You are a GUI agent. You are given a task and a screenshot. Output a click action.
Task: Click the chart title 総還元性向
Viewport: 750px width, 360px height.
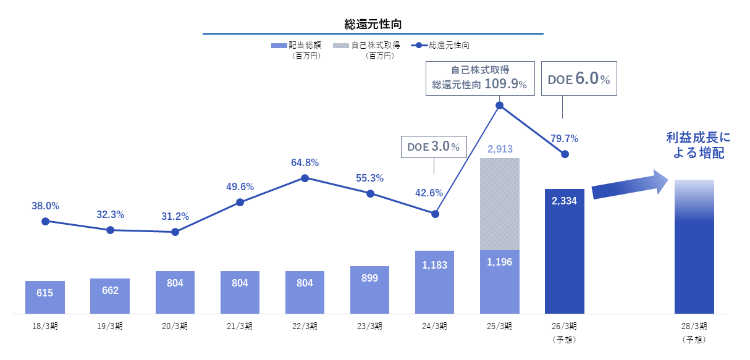coord(373,25)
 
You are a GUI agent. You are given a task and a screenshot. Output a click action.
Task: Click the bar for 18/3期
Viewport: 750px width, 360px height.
coord(45,297)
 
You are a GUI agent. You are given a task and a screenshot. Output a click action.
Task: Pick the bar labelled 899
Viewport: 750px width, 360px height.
coord(369,290)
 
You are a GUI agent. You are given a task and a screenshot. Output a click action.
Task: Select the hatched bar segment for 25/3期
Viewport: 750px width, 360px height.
coord(500,204)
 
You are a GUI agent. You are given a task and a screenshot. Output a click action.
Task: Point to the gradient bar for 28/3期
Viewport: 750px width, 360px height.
coord(694,246)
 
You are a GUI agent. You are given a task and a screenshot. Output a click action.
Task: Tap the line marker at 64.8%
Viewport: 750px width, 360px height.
coord(305,178)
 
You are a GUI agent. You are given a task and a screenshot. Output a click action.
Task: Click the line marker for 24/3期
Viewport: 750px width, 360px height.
coord(435,214)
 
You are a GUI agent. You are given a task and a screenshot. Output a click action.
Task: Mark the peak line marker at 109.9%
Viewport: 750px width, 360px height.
coord(500,106)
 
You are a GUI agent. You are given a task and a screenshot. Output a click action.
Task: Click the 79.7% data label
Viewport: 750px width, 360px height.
coord(565,138)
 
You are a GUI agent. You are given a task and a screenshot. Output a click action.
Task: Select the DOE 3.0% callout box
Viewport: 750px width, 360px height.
coord(434,146)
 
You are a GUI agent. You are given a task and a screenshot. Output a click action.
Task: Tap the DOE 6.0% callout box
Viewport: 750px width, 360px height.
coord(579,78)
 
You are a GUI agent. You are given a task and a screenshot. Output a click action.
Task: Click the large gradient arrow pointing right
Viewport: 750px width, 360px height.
coord(630,185)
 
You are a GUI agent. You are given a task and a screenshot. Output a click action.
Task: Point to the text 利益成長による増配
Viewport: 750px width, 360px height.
coord(698,144)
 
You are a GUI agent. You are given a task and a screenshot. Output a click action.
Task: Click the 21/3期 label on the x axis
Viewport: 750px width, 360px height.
coord(240,326)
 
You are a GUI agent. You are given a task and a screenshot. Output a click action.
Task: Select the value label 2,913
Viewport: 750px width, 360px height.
coord(500,149)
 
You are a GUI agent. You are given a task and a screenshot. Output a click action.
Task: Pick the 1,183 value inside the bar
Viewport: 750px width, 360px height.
coord(435,266)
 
